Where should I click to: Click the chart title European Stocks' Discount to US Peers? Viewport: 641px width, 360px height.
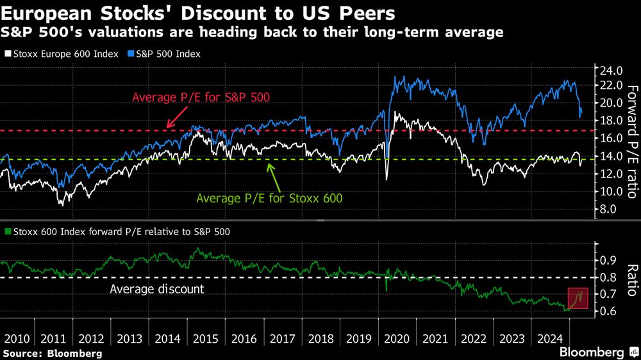[x=199, y=13]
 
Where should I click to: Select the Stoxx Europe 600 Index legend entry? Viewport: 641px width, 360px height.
[x=61, y=54]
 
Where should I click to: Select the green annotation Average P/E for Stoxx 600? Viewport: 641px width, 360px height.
[x=269, y=198]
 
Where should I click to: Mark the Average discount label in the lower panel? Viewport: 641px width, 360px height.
[x=156, y=289]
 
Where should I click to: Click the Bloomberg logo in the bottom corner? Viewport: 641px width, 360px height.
[x=592, y=352]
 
